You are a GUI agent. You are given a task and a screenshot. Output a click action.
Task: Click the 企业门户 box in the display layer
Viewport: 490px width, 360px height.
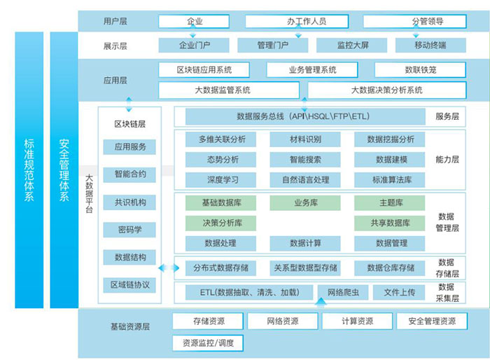[x=194, y=46]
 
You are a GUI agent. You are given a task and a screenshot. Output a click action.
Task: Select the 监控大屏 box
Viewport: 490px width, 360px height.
[x=351, y=46]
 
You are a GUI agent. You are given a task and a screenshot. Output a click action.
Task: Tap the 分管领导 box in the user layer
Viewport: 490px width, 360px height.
[x=414, y=21]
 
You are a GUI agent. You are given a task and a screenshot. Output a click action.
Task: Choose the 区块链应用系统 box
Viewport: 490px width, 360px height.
[x=204, y=70]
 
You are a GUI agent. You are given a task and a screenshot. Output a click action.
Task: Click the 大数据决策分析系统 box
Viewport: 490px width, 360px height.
[x=387, y=90]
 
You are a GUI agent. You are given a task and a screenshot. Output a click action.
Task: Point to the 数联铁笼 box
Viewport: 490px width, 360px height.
[x=420, y=70]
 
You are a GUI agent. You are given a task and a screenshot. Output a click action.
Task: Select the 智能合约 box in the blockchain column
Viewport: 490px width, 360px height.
[x=129, y=174]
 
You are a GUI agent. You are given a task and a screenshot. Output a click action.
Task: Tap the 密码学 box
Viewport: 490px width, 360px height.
[x=129, y=230]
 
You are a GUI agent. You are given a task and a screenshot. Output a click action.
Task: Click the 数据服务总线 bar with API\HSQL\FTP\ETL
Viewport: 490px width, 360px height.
[x=305, y=117]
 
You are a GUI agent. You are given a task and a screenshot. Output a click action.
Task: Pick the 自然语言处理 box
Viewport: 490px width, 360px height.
[x=305, y=180]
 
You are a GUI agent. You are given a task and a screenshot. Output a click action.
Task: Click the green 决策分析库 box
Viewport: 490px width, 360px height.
[x=220, y=223]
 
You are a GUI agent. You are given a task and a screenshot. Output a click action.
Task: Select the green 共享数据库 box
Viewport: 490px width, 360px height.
[x=390, y=223]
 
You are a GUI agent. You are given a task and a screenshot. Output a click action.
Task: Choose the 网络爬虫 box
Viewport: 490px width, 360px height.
[x=343, y=293]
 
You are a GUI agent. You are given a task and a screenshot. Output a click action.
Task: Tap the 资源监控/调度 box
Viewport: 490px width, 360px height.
[x=208, y=343]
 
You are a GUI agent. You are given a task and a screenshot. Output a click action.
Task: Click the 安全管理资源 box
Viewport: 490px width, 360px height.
[x=432, y=321]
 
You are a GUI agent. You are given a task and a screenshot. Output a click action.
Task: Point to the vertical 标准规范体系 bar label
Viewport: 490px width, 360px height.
[x=29, y=169]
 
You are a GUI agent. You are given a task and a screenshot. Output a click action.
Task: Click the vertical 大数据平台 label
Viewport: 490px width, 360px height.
[x=89, y=194]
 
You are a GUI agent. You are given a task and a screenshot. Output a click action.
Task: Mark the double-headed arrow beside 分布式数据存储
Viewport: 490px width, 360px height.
[x=169, y=268]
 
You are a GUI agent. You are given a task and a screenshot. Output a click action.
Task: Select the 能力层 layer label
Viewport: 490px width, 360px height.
[x=447, y=160]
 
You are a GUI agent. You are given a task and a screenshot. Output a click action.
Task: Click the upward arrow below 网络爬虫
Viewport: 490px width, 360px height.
[x=321, y=301]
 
